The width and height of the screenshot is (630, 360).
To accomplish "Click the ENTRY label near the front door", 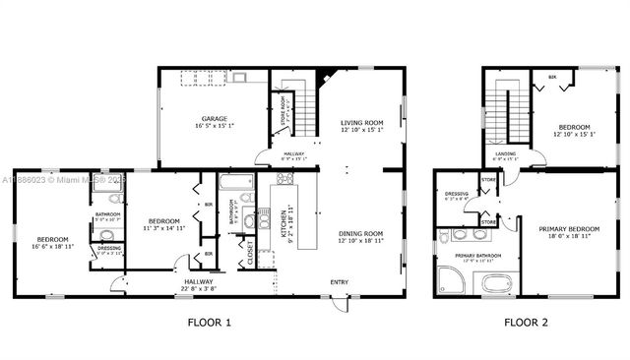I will pyautogui.click(x=339, y=282).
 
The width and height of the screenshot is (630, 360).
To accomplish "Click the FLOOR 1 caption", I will pyautogui.click(x=209, y=322).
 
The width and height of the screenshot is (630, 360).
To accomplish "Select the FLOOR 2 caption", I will pyautogui.click(x=527, y=322).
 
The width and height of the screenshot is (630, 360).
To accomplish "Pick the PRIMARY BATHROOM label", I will pyautogui.click(x=476, y=256).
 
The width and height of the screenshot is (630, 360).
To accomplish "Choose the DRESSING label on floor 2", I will pyautogui.click(x=456, y=195).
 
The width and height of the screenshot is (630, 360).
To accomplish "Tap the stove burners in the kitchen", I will pyautogui.click(x=285, y=179).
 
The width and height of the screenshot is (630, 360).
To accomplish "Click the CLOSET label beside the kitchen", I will pyautogui.click(x=250, y=252).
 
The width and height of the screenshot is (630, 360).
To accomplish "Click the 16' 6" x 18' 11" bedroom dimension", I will pyautogui.click(x=53, y=246).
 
